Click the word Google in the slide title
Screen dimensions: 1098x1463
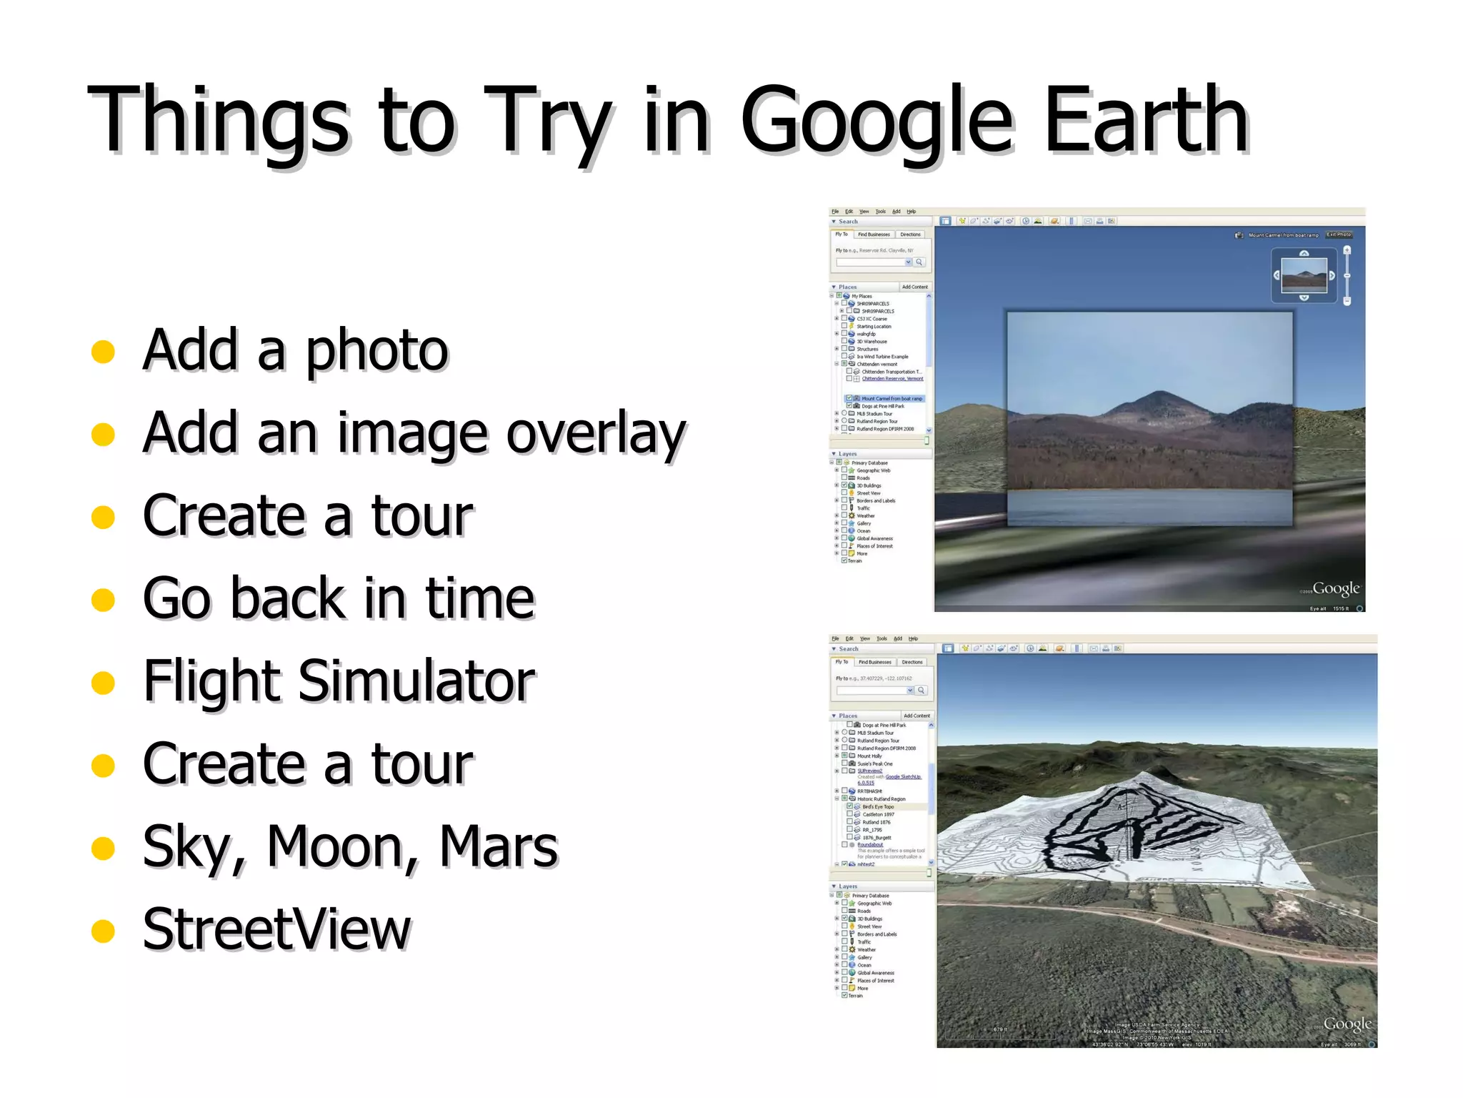[877, 120]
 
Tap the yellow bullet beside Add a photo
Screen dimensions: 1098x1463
[104, 351]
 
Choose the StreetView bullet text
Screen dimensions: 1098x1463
[276, 929]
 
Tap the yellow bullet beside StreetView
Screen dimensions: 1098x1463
[104, 931]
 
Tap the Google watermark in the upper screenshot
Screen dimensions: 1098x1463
[1335, 588]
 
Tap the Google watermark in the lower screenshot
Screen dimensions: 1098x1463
[1347, 1024]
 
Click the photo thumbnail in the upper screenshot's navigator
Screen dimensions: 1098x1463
[1304, 274]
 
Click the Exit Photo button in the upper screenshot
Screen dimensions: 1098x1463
[1339, 234]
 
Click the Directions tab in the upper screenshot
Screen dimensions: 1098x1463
[910, 234]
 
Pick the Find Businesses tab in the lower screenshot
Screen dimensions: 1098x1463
[874, 662]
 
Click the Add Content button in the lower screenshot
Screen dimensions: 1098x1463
[917, 716]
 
